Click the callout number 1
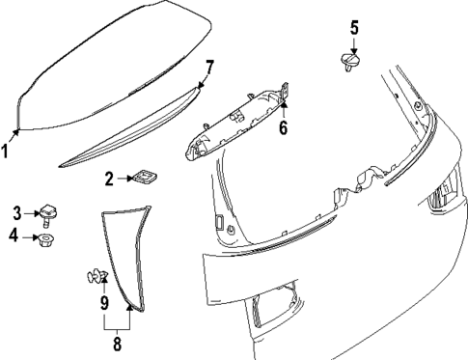pos(7,150)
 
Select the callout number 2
pos(110,179)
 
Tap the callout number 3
pos(16,213)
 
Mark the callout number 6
pos(283,127)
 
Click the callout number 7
pos(208,67)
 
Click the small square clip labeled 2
pos(146,177)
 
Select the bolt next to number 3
pos(47,212)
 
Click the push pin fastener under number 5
pos(352,64)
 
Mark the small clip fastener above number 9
pos(95,278)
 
